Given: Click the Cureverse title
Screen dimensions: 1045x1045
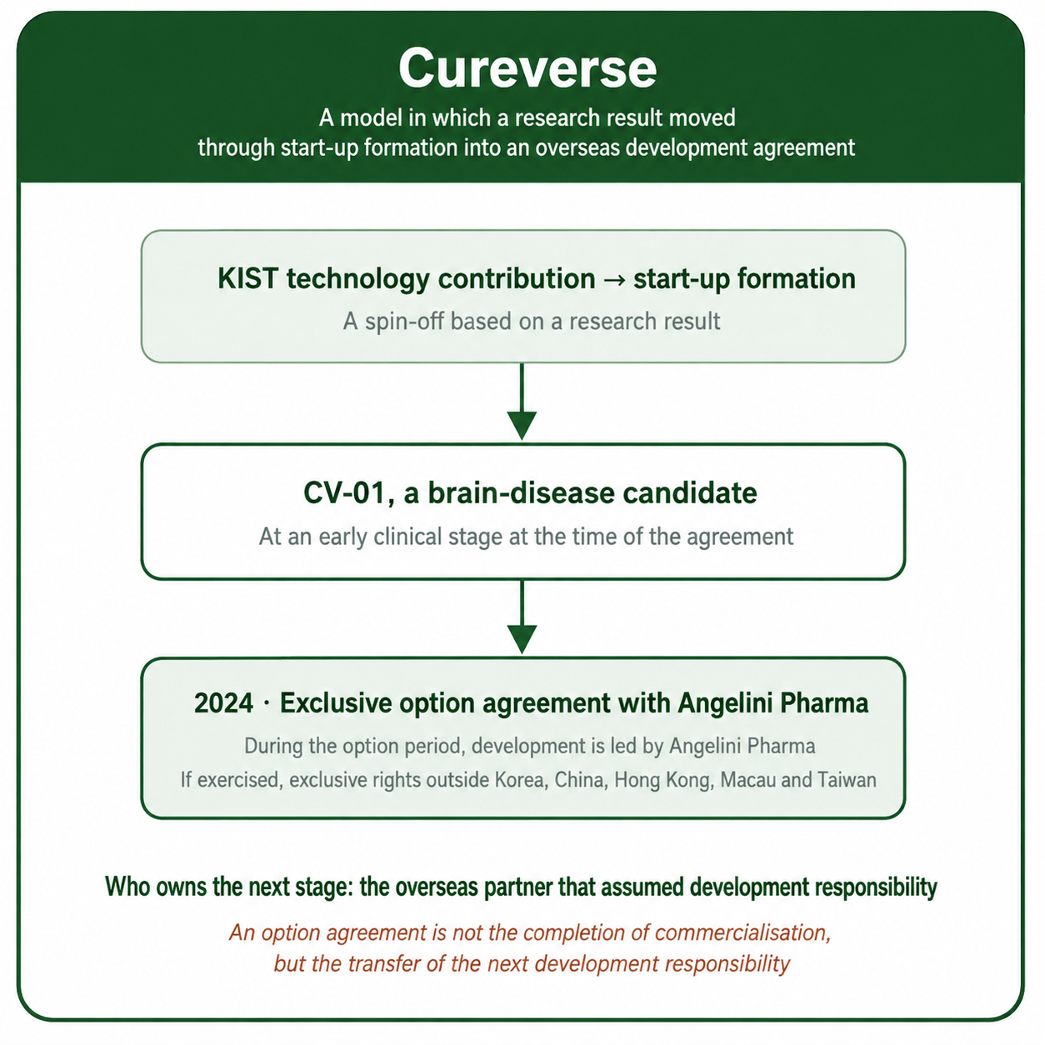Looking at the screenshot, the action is tap(527, 69).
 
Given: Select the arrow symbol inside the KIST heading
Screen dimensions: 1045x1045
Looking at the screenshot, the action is tap(614, 280).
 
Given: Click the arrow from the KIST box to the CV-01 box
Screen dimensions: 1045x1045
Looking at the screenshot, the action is tap(522, 402).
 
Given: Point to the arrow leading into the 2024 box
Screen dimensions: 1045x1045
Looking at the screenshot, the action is tap(522, 617).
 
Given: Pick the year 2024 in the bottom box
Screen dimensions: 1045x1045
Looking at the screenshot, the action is tap(223, 703).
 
